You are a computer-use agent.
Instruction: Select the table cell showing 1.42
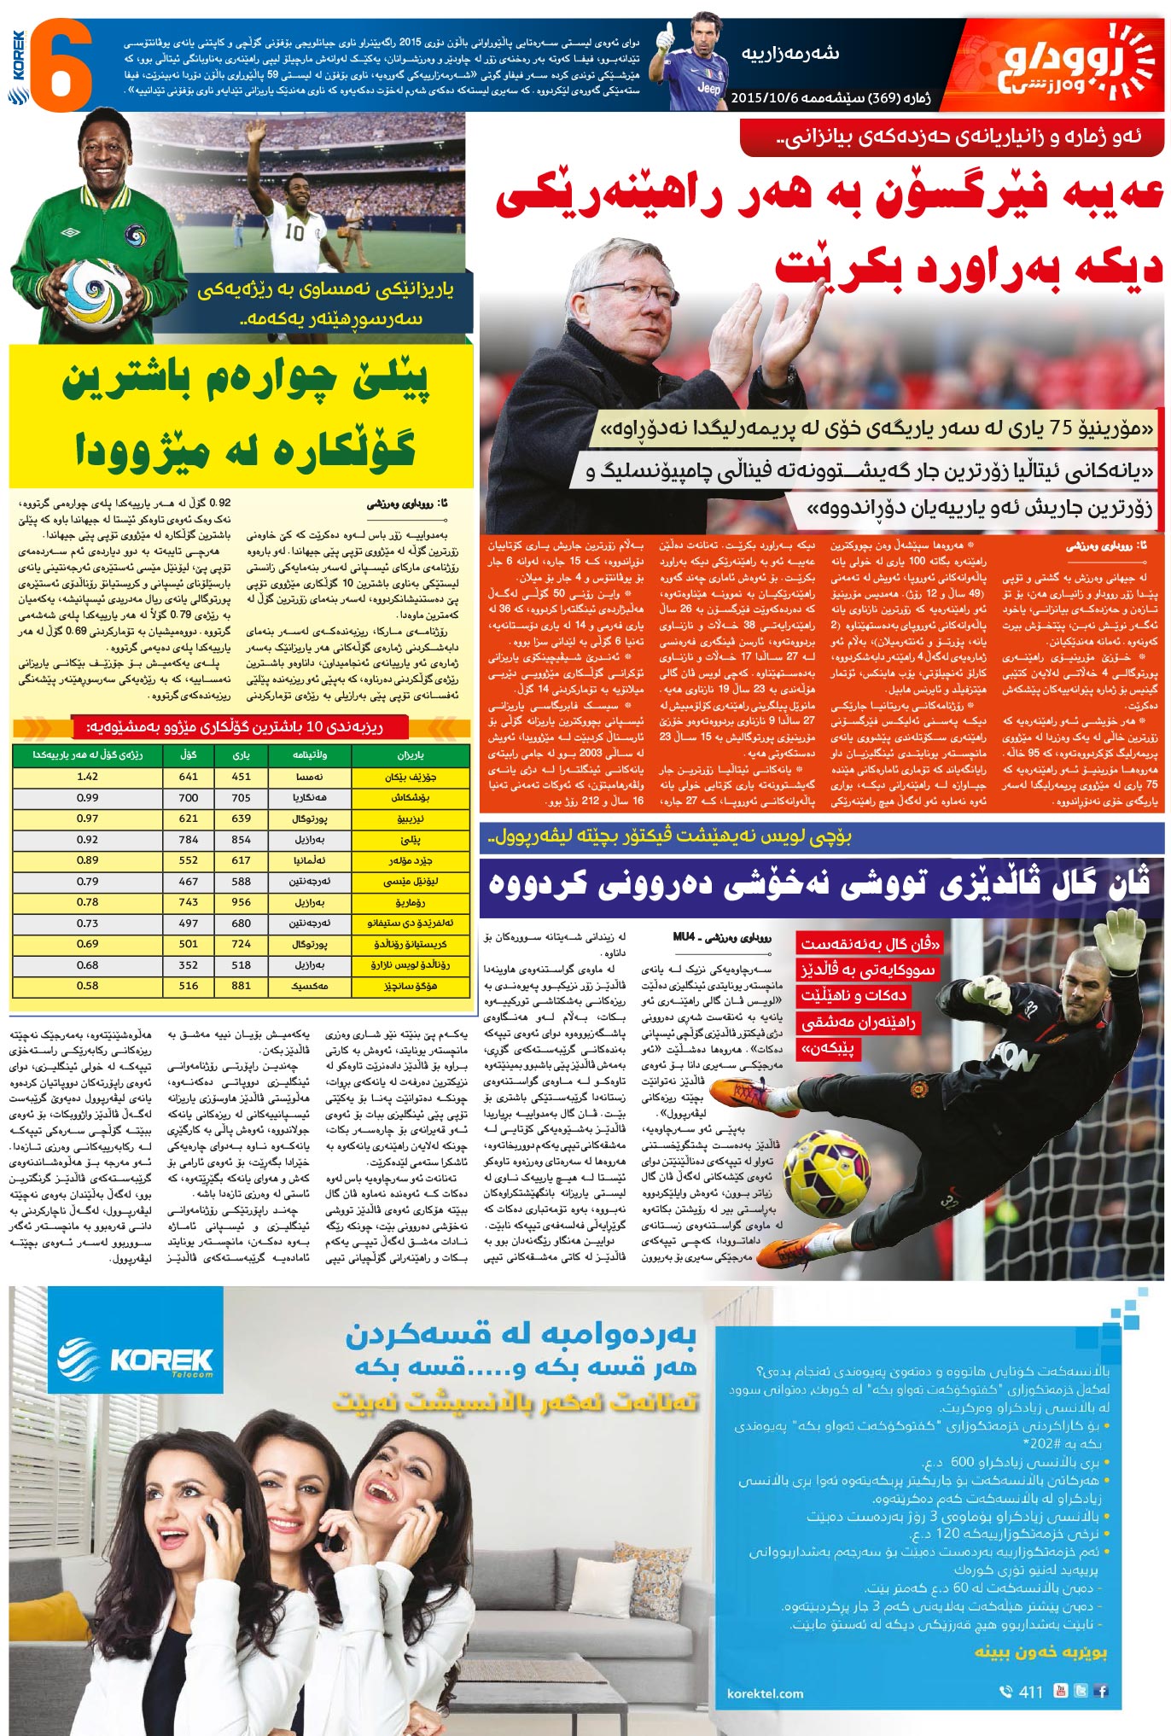(87, 777)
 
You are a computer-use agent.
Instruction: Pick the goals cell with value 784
(189, 840)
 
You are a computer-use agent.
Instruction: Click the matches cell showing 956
(242, 902)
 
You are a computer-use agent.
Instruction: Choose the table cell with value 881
(242, 986)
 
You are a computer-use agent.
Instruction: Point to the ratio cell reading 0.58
(87, 986)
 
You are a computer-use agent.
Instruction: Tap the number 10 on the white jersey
(294, 230)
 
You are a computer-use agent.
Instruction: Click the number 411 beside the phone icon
(1031, 1692)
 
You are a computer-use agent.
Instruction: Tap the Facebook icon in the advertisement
(1102, 1690)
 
